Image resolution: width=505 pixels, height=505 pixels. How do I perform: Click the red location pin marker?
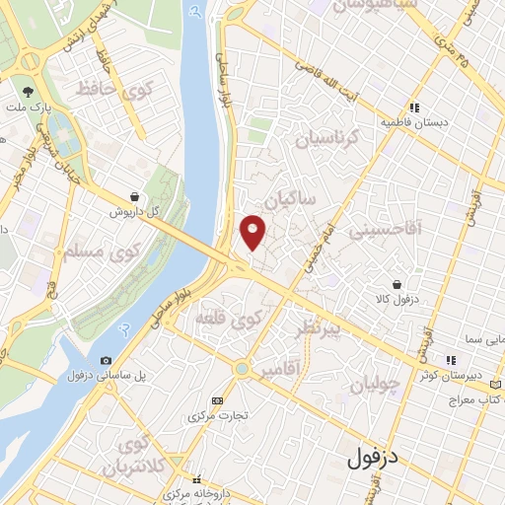[x=253, y=231]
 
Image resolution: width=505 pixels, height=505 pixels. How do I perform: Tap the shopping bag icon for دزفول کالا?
[x=396, y=283]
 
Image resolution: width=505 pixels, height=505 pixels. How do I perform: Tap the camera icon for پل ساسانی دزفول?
[x=106, y=360]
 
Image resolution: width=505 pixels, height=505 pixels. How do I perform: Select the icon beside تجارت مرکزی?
[x=217, y=399]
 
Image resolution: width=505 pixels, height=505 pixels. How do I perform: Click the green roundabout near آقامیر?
[x=241, y=369]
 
